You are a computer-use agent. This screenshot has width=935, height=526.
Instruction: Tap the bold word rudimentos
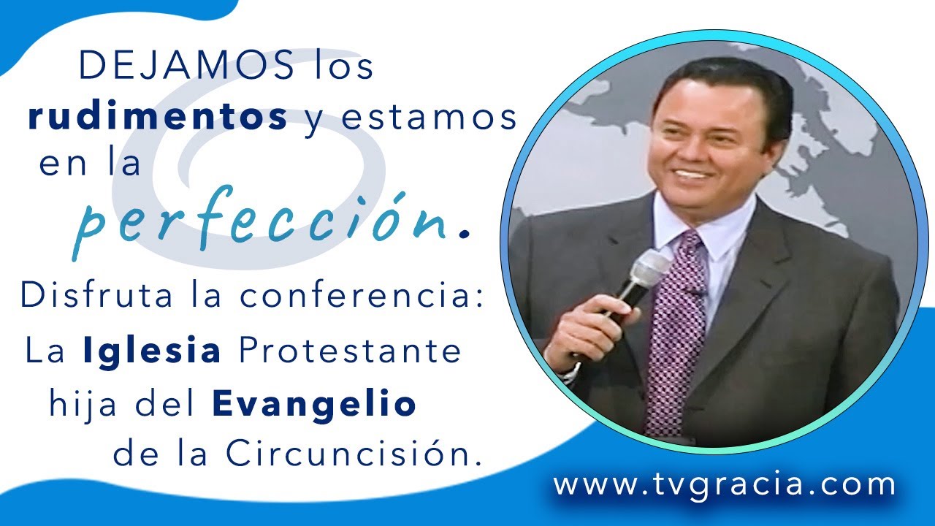click(157, 118)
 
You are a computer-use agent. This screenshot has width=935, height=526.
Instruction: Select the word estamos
click(430, 118)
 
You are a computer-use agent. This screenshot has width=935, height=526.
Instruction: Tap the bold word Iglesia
click(152, 351)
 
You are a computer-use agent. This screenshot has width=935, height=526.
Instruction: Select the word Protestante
click(350, 351)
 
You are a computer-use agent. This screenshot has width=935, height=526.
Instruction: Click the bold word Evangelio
click(315, 403)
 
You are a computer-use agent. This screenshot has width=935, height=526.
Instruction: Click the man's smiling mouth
click(695, 175)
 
